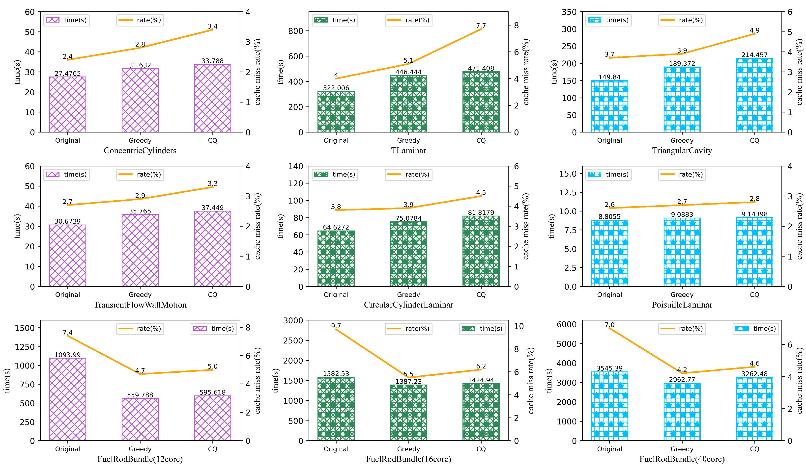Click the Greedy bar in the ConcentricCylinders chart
coord(140,100)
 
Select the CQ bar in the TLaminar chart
coord(481,102)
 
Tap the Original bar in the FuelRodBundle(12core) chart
coord(67,399)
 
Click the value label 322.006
coord(336,88)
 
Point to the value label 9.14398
coord(754,214)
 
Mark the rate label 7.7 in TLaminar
coord(481,26)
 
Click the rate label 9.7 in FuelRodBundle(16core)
coord(336,326)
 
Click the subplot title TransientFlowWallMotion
coord(140,305)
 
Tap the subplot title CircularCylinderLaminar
coord(408,305)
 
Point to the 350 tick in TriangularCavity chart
coord(569,12)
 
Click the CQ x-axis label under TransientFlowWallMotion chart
coord(212,295)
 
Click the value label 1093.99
coord(67,355)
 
